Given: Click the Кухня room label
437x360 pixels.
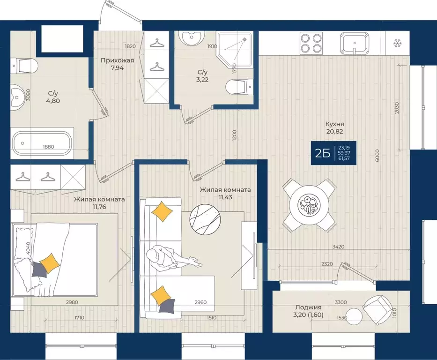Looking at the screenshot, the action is click(x=335, y=124).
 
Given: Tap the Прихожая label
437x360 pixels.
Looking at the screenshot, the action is click(x=118, y=60).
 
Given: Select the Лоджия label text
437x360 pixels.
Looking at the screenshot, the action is click(x=308, y=307).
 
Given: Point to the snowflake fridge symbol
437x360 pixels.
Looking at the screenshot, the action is click(x=398, y=43).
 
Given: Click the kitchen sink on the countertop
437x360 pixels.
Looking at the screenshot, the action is click(x=355, y=43).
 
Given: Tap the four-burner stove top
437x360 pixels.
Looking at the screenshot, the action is click(x=311, y=43).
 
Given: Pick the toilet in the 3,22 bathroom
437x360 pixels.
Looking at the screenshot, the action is click(x=239, y=87).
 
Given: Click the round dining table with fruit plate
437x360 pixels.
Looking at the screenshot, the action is click(x=309, y=205).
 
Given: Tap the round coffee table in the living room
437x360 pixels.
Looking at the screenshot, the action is click(x=206, y=221).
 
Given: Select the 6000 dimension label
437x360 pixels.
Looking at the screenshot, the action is click(x=377, y=156).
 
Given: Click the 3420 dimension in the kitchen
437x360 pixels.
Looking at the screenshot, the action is click(x=338, y=247).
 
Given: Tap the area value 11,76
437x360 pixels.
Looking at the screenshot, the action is click(x=99, y=207).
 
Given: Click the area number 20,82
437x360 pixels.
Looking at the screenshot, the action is click(x=335, y=132).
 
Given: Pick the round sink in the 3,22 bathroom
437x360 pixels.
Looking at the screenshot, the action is click(x=192, y=37).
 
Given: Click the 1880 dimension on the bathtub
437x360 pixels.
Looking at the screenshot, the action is click(x=49, y=147).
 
